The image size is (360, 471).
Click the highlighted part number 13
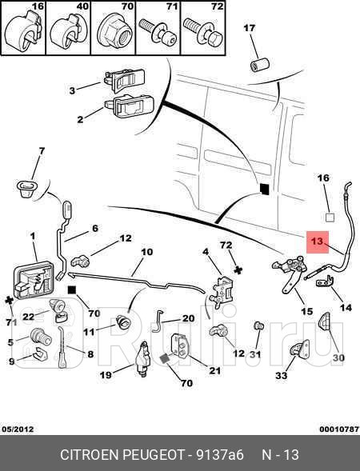tap(318, 241)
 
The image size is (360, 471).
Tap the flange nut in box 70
tap(114, 31)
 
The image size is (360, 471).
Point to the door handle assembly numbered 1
tap(33, 281)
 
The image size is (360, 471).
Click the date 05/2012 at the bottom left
tap(18, 429)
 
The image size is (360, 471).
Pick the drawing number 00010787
tap(339, 429)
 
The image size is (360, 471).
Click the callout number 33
tap(282, 375)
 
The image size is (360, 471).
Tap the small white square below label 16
tap(330, 218)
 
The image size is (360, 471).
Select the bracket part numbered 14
tap(326, 281)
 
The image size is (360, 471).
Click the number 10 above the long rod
tap(147, 251)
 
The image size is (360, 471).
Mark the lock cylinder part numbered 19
tap(144, 358)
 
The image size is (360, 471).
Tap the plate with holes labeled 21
tap(179, 345)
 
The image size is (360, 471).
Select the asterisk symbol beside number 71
tap(9, 301)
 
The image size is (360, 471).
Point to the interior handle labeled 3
tap(124, 80)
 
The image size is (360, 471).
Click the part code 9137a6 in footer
tap(219, 454)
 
